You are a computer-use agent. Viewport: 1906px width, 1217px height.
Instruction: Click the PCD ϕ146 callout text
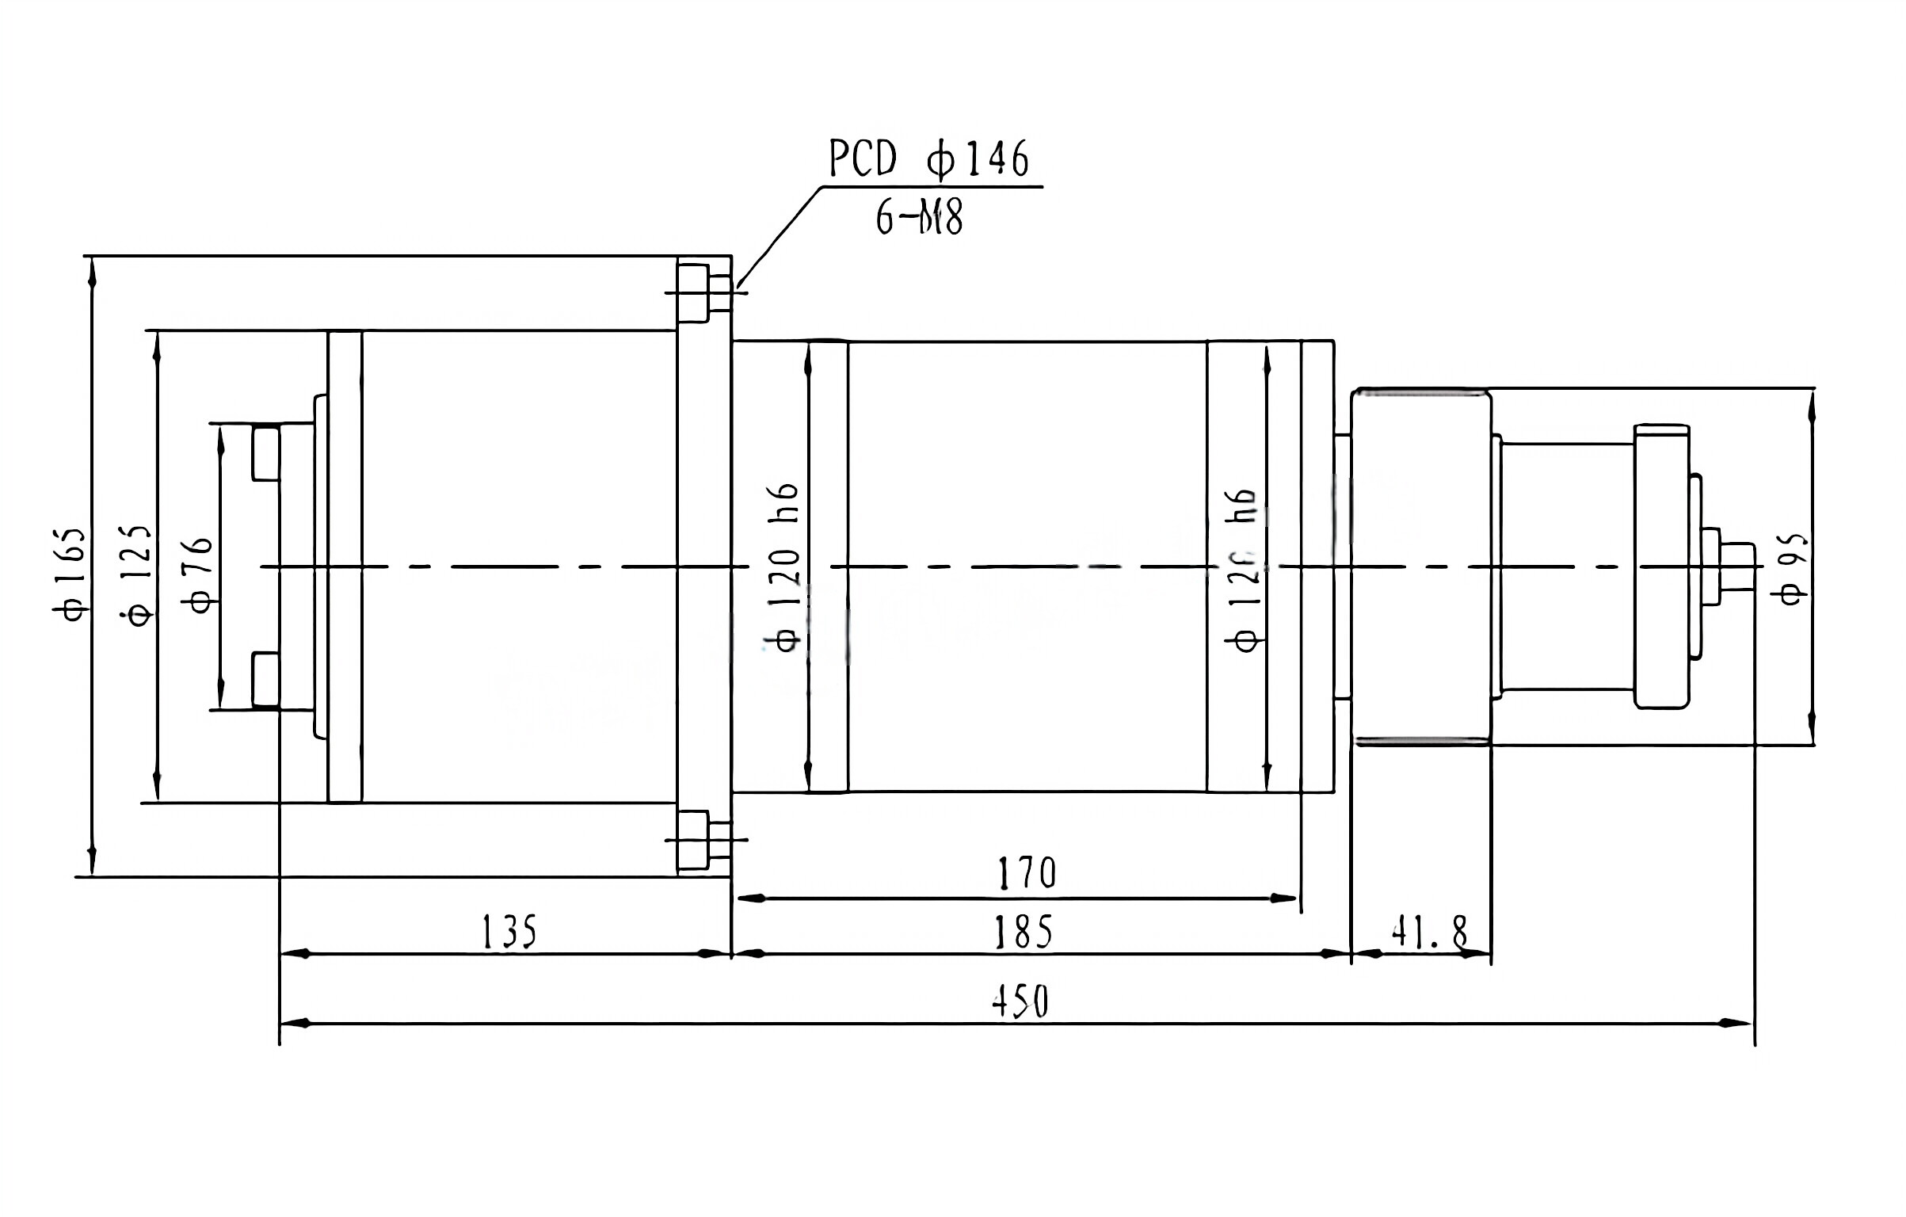[x=928, y=159]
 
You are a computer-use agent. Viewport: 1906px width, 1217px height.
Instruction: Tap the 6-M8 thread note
[x=919, y=216]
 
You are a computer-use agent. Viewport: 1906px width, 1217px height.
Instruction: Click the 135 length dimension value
[x=509, y=932]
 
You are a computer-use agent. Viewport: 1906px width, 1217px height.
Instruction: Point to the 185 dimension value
[x=1023, y=932]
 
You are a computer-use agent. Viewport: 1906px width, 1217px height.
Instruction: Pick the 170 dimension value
[x=1026, y=873]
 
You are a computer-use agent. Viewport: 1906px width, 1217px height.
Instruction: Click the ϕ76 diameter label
[x=199, y=574]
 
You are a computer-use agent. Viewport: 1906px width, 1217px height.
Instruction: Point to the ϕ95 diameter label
[x=1794, y=570]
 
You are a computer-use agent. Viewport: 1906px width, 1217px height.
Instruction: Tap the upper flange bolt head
[x=692, y=292]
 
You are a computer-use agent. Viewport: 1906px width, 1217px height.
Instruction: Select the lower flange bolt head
[x=692, y=839]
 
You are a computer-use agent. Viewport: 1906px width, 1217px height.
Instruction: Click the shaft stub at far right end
[x=1736, y=566]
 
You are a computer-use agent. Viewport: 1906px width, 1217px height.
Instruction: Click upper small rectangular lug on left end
[x=265, y=452]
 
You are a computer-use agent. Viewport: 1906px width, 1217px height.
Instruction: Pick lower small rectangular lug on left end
[x=265, y=679]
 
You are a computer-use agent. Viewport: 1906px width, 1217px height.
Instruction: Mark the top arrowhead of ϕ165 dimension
[x=93, y=273]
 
